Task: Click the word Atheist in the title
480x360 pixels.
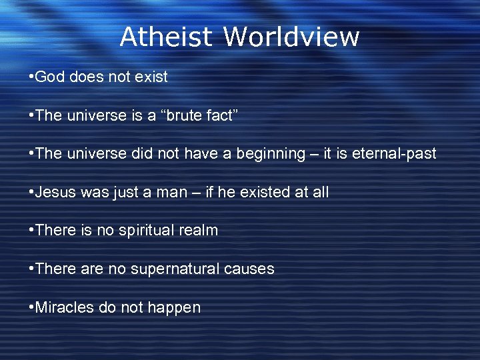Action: [166, 37]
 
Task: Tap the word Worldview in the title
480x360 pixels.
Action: [291, 37]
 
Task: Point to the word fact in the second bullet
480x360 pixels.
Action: [217, 115]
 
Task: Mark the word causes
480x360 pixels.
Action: [249, 269]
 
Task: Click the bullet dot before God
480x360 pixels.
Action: [31, 77]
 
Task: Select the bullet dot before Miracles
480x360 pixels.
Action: [31, 308]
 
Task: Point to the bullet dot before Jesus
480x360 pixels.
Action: [31, 193]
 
